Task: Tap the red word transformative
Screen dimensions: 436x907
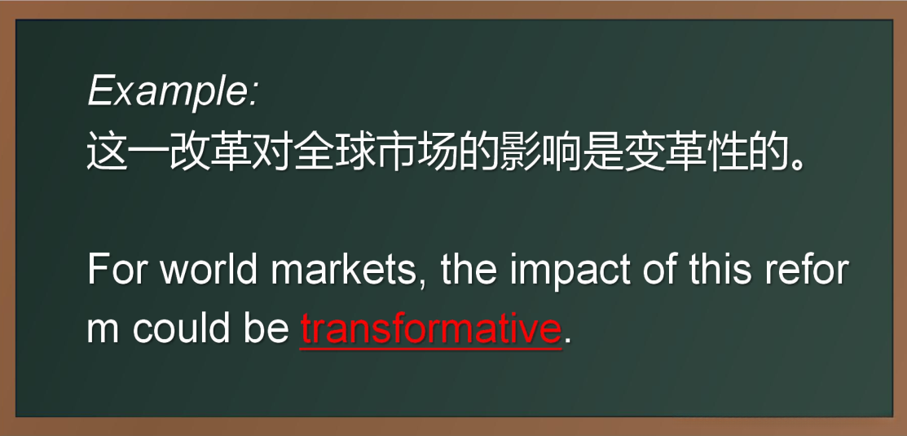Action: point(430,328)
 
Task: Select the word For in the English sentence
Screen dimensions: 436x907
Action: point(118,270)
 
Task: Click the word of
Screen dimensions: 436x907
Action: point(660,270)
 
